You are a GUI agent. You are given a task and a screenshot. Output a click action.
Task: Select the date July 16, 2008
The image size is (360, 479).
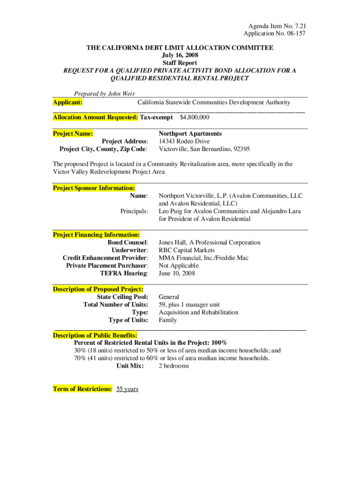tap(180, 55)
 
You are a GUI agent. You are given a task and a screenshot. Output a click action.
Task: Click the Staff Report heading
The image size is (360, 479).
tap(180, 63)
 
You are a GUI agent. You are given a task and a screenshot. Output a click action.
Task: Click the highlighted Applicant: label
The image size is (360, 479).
tap(68, 102)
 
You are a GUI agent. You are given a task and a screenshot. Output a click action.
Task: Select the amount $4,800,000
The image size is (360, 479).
tap(194, 117)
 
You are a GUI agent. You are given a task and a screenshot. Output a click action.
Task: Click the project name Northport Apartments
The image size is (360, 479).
tap(190, 134)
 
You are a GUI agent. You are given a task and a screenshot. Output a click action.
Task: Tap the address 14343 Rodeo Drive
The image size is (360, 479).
tap(184, 141)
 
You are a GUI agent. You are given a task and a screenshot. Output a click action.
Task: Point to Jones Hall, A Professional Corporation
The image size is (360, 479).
tap(209, 242)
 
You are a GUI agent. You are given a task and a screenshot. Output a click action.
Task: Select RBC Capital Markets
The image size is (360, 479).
tap(187, 250)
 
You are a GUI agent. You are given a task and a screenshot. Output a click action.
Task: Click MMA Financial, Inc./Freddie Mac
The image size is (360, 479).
tap(203, 258)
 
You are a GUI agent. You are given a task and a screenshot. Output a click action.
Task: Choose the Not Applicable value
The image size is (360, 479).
tap(179, 266)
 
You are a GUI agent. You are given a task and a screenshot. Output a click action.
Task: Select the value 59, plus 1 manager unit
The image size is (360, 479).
tap(189, 305)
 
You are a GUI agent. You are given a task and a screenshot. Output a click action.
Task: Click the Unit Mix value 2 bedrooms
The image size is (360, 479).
tap(174, 366)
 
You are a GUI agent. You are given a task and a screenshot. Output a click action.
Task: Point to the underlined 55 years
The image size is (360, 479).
tap(127, 389)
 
